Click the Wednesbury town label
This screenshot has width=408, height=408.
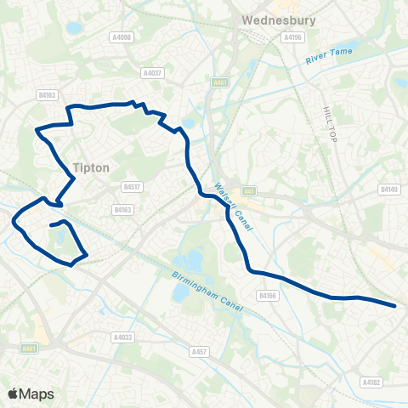pyautogui.click(x=267, y=20)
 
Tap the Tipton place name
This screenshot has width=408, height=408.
pyautogui.click(x=91, y=167)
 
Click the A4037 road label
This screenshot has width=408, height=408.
pyautogui.click(x=153, y=73)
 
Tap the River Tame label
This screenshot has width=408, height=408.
pyautogui.click(x=327, y=59)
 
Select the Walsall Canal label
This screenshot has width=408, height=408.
pyautogui.click(x=228, y=199)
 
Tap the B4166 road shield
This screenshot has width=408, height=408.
pyautogui.click(x=269, y=295)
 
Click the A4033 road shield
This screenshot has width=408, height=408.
pyautogui.click(x=122, y=337)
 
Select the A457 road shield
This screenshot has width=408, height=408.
pyautogui.click(x=200, y=350)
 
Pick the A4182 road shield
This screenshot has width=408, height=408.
pyautogui.click(x=371, y=382)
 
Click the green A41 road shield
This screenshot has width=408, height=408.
pyautogui.click(x=248, y=190)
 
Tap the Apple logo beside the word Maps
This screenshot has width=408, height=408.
pyautogui.click(x=14, y=394)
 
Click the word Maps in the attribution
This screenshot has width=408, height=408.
pyautogui.click(x=36, y=394)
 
